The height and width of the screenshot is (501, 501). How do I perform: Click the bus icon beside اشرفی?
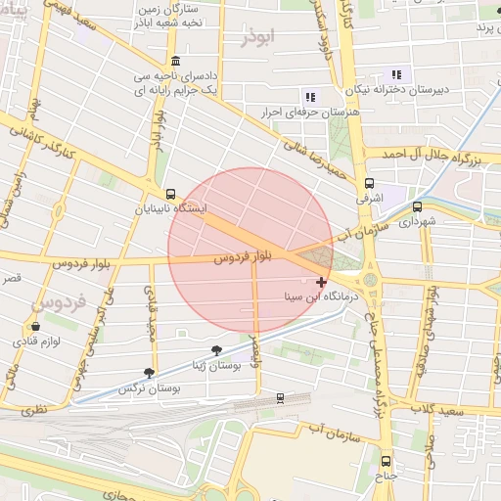coord(369,183)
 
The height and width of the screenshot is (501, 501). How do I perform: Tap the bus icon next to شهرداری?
coord(418,206)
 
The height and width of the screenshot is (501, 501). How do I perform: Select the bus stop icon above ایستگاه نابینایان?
coord(171,194)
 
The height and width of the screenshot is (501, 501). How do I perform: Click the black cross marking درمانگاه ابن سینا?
coord(322,282)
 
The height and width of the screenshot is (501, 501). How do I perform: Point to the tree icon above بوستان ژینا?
coord(216,349)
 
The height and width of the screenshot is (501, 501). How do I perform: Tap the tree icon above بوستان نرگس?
coord(149,373)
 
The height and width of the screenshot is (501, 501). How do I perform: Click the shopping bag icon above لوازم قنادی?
coord(36,327)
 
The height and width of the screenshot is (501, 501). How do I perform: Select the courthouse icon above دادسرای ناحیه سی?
coord(174,61)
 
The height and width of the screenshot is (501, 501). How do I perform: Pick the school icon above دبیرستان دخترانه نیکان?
coord(396,74)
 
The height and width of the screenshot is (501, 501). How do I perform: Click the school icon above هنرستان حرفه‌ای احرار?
coord(310,97)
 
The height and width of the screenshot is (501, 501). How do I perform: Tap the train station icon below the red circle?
coord(280,398)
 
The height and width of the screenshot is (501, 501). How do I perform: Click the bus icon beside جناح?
coord(385,461)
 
